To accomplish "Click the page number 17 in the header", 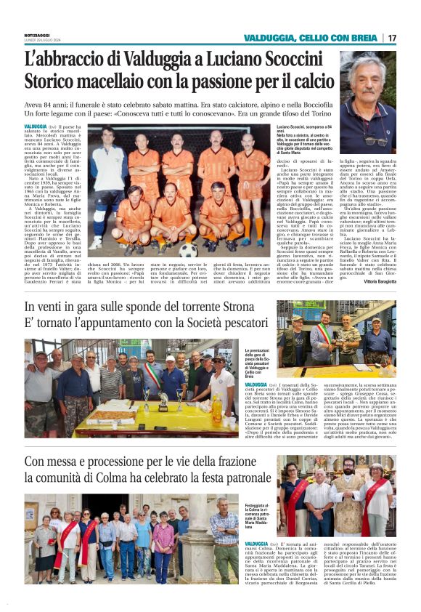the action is [x=393, y=38].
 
